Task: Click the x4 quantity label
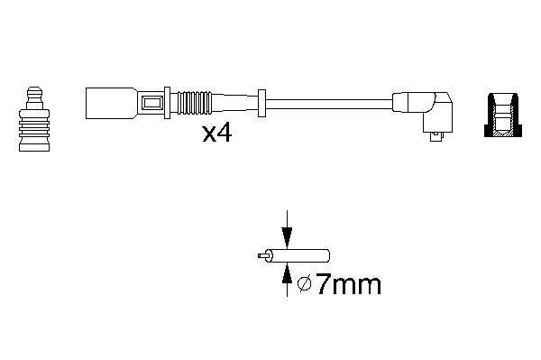(x=216, y=134)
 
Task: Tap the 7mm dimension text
(x=348, y=284)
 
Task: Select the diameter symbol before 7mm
(x=305, y=284)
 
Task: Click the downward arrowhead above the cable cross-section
(x=287, y=237)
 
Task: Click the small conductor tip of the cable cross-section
(x=261, y=255)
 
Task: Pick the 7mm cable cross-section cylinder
(x=297, y=255)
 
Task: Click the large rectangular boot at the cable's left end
(x=111, y=103)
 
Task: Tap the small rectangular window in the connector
(x=151, y=103)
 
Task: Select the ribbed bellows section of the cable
(x=196, y=103)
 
